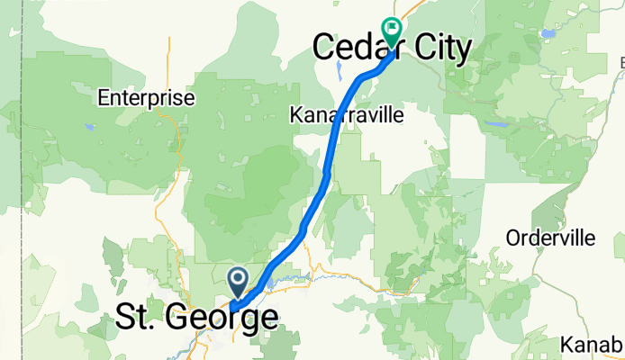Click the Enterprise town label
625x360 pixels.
pyautogui.click(x=146, y=97)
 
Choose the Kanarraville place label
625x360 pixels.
pyautogui.click(x=346, y=116)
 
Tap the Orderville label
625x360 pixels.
pyautogui.click(x=550, y=238)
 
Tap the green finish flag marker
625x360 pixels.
pyautogui.click(x=392, y=31)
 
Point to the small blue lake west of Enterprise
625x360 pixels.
pyautogui.click(x=88, y=127)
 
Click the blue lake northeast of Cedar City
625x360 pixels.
pyautogui.click(x=548, y=34)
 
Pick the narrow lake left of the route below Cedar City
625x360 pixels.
pyautogui.click(x=338, y=70)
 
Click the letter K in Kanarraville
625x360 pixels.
pyautogui.click(x=295, y=116)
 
